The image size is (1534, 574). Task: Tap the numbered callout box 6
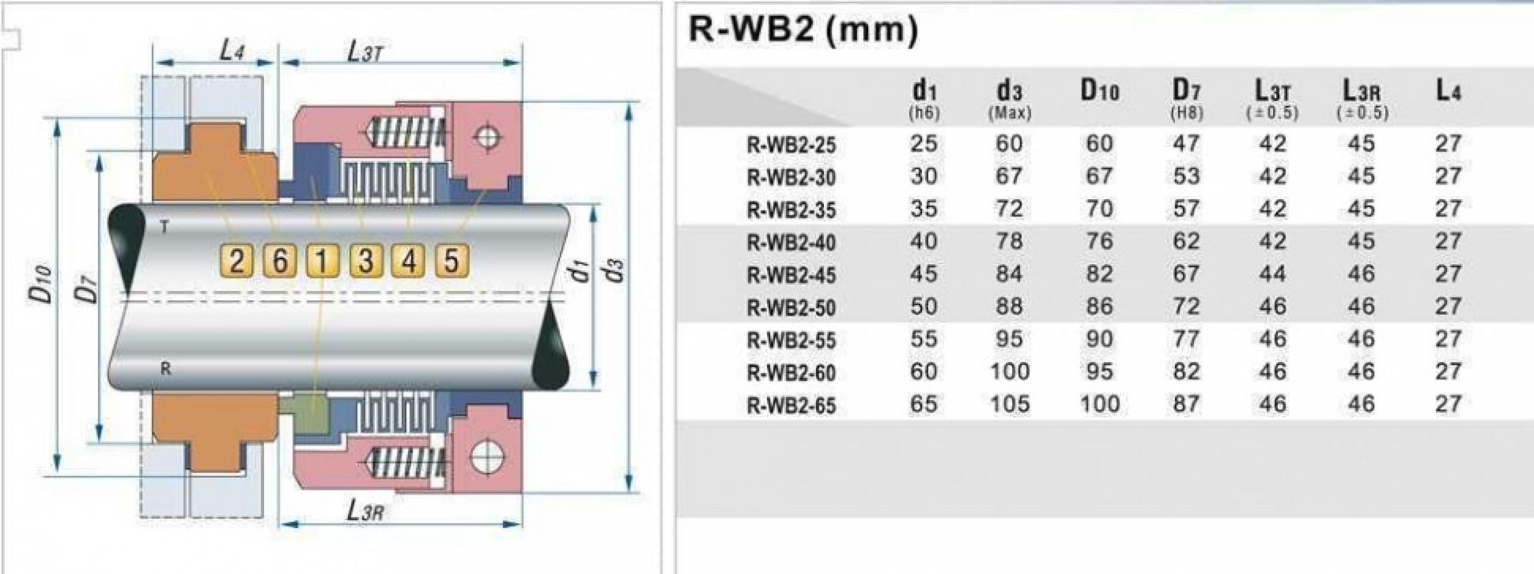[279, 261]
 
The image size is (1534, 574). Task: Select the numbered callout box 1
[322, 261]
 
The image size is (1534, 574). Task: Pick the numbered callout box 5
[452, 261]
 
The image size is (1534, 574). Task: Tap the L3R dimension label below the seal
[365, 511]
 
